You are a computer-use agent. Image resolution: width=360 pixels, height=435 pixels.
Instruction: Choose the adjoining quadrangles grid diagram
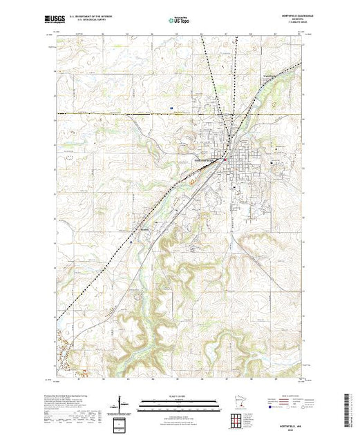pyautogui.click(x=238, y=419)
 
